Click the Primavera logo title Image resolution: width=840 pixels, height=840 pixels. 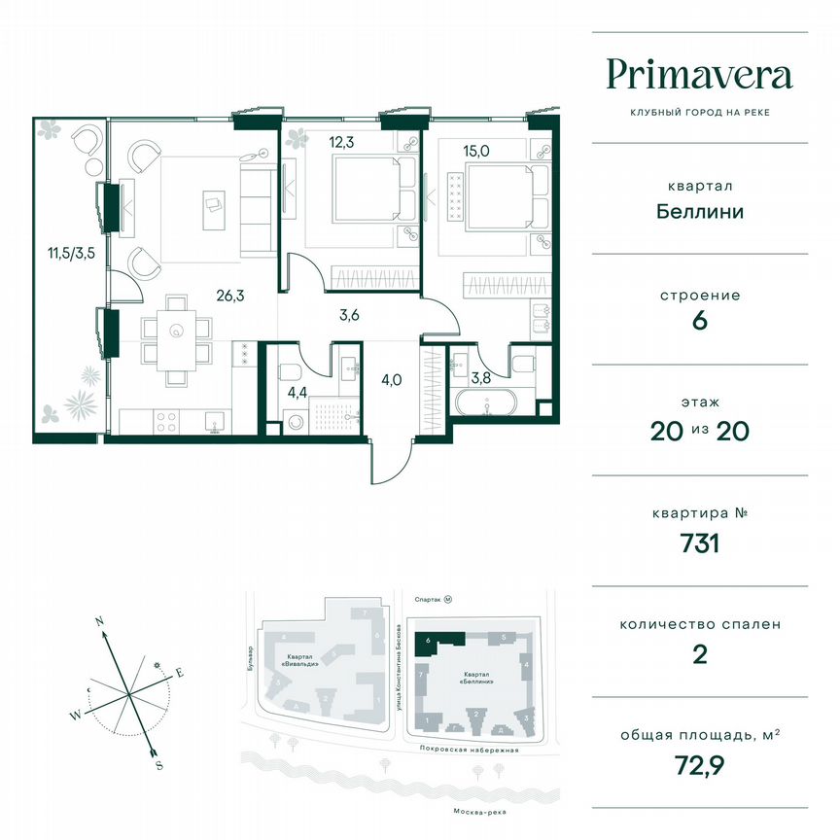[x=699, y=74]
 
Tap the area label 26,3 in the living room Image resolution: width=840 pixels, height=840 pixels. [x=229, y=289]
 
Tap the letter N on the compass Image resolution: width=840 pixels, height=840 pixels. [x=99, y=619]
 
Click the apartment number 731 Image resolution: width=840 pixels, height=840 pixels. [x=699, y=542]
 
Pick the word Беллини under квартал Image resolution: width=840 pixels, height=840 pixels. [x=699, y=211]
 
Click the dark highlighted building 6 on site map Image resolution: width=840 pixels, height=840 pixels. [x=439, y=641]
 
